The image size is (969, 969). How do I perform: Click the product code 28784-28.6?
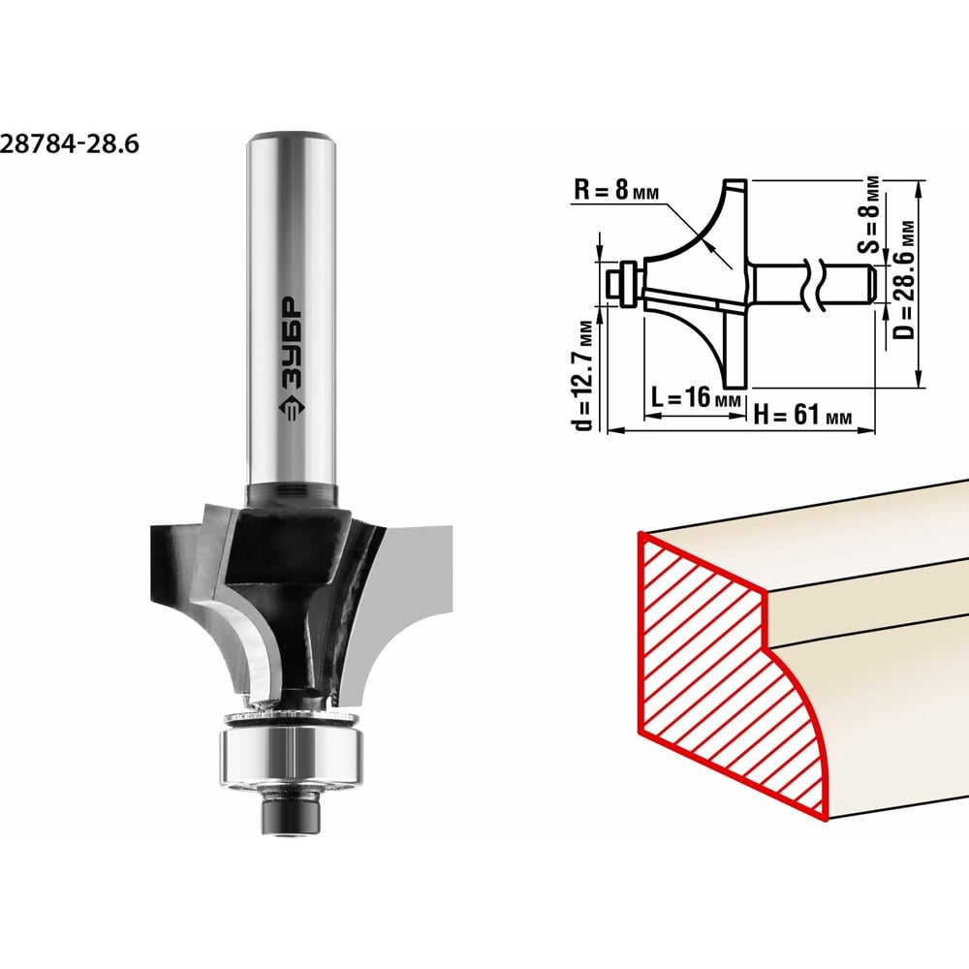pos(69,144)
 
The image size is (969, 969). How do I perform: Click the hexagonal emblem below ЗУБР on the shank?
pos(291,407)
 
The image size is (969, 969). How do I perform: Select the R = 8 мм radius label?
pos(616,190)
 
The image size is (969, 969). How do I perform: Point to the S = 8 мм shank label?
pos(870,214)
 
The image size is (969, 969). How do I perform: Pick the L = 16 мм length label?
pos(696,397)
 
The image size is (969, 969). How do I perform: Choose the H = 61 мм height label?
pos(802,414)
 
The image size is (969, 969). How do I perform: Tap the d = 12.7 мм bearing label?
pos(582,375)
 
